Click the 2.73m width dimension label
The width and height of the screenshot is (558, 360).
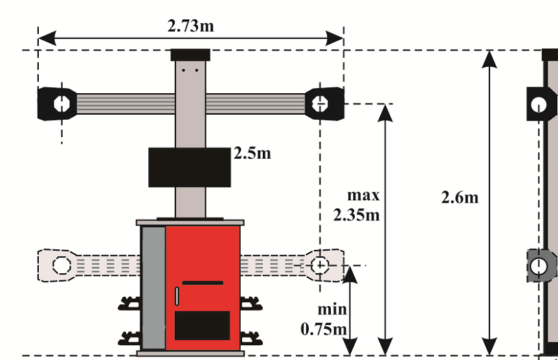(191, 26)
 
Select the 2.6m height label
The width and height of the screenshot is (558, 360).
(460, 197)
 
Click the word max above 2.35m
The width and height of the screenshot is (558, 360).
(363, 195)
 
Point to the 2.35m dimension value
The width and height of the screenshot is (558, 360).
(356, 215)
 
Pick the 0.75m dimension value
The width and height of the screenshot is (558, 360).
(323, 329)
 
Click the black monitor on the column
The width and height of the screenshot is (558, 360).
(190, 167)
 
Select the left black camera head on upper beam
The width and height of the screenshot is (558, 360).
(57, 104)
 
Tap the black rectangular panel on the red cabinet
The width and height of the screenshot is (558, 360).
(203, 326)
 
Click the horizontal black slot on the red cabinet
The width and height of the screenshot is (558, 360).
(203, 283)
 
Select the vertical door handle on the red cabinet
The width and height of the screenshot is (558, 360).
(176, 296)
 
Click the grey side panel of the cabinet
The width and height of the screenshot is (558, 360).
(153, 288)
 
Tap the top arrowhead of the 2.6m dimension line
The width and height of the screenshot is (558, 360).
(490, 58)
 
